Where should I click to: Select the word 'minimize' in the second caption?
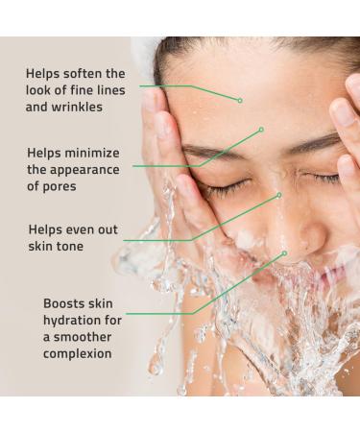click(95, 153)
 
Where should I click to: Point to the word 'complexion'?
click(78, 354)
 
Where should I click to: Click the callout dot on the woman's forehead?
click(240, 100)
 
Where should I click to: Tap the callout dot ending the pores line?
click(261, 129)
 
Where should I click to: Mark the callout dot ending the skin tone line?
click(279, 195)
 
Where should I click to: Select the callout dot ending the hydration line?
click(285, 253)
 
